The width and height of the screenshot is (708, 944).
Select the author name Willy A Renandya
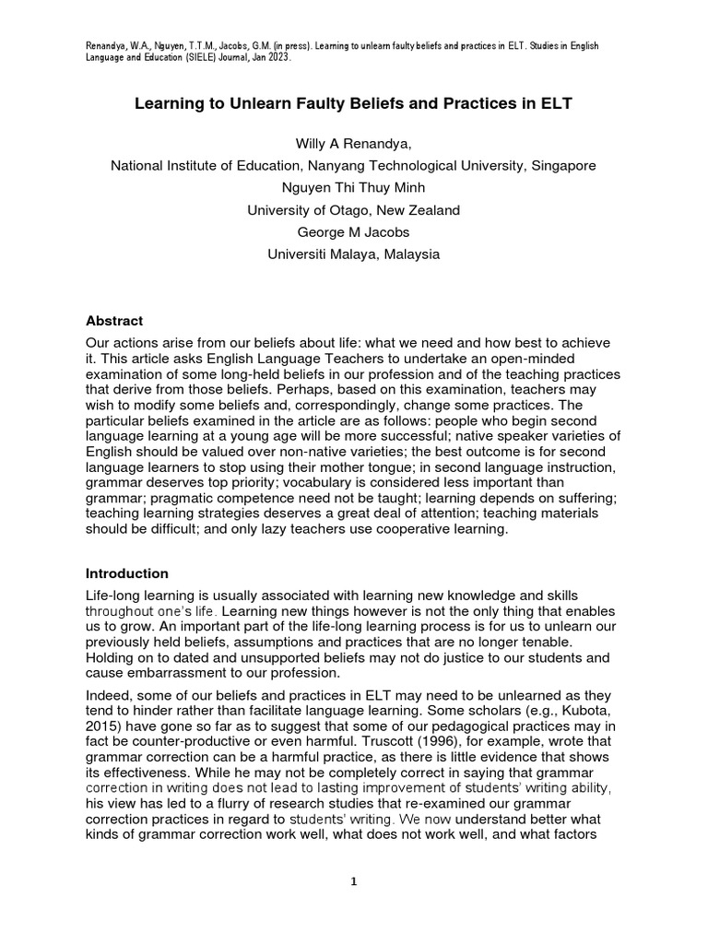[353, 144]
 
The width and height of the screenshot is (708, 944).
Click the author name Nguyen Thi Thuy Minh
[353, 188]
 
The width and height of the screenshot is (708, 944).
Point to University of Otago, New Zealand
[353, 210]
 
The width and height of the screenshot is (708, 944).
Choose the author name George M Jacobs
[353, 232]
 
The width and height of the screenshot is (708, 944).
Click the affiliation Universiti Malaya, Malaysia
[353, 254]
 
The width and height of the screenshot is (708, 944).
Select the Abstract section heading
[114, 321]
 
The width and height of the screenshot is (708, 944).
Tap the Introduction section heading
[127, 572]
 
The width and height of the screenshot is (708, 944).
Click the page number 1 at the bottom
[353, 881]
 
